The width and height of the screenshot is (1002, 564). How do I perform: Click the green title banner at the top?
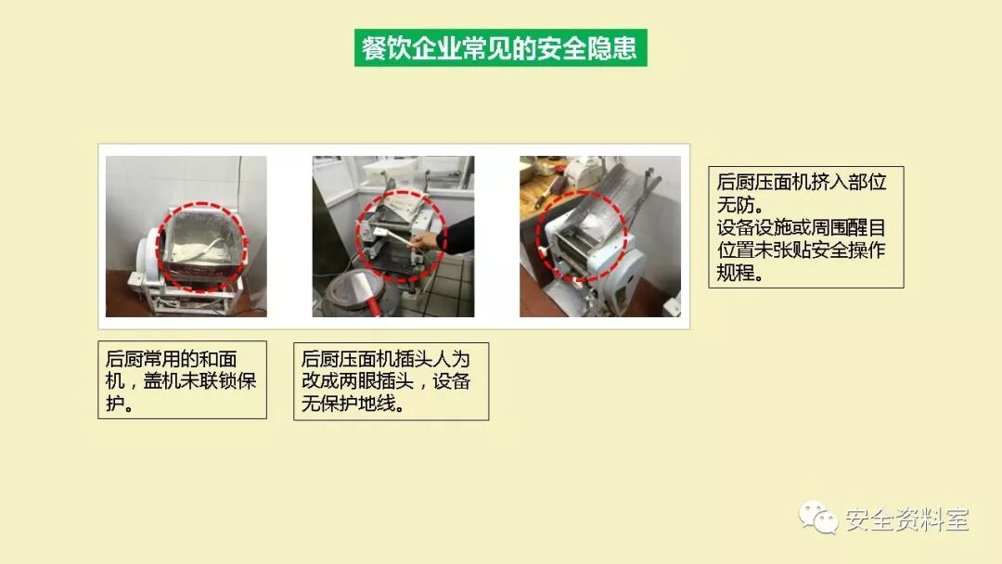tap(500, 48)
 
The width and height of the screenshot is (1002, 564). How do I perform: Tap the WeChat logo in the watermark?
tap(817, 517)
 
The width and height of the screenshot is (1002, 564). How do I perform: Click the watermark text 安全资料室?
tap(907, 519)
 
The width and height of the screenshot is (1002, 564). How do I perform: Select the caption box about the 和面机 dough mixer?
tap(182, 380)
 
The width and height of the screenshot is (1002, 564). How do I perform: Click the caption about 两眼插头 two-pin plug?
tap(392, 381)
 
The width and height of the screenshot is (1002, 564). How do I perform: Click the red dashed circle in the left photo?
tap(202, 206)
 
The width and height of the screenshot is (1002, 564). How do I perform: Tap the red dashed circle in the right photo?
tap(581, 192)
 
